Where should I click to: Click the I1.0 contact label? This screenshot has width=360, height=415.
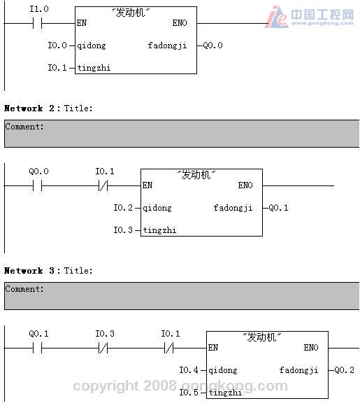tap(39, 9)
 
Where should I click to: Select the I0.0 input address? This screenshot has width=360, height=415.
tap(57, 45)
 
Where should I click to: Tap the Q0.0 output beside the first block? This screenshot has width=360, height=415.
tap(213, 45)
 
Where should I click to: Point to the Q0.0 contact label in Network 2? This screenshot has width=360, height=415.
tap(39, 171)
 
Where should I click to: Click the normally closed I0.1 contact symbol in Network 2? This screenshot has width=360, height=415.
tap(103, 185)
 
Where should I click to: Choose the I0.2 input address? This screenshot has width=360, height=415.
tap(123, 207)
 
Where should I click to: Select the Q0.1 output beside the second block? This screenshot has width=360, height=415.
tap(278, 207)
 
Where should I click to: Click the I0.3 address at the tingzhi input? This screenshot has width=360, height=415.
tap(123, 230)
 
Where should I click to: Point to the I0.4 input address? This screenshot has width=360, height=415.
tap(189, 370)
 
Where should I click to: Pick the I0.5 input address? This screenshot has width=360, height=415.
tap(189, 392)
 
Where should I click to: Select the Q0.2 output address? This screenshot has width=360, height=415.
tap(344, 370)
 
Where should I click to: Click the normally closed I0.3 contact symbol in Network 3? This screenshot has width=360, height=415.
tap(103, 348)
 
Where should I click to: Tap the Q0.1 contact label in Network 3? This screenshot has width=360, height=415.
tap(39, 334)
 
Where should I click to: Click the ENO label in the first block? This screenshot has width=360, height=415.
tap(180, 23)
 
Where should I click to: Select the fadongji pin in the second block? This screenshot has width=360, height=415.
tap(233, 208)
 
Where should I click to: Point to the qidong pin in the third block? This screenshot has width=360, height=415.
tap(223, 370)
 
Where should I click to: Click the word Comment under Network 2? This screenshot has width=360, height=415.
tap(24, 127)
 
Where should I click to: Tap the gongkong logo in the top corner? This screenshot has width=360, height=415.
tap(310, 16)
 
